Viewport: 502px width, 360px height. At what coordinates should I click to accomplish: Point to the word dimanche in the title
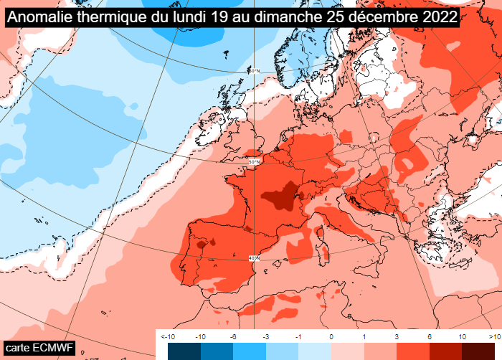coord(273,16)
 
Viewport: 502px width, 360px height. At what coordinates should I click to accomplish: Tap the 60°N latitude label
coord(254,70)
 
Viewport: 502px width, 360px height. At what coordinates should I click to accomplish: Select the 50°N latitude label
coord(254,162)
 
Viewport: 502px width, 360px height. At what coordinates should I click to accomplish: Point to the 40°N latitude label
coord(254,257)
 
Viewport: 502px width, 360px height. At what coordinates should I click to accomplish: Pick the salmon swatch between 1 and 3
coord(380,351)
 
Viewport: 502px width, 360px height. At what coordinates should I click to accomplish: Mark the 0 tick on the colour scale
coord(331,336)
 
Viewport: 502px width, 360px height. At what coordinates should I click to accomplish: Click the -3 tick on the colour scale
coord(265,336)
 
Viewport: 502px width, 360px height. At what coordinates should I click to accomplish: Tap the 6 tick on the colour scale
coord(430,336)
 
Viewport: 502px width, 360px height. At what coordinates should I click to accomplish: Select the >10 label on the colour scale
coord(494,336)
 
